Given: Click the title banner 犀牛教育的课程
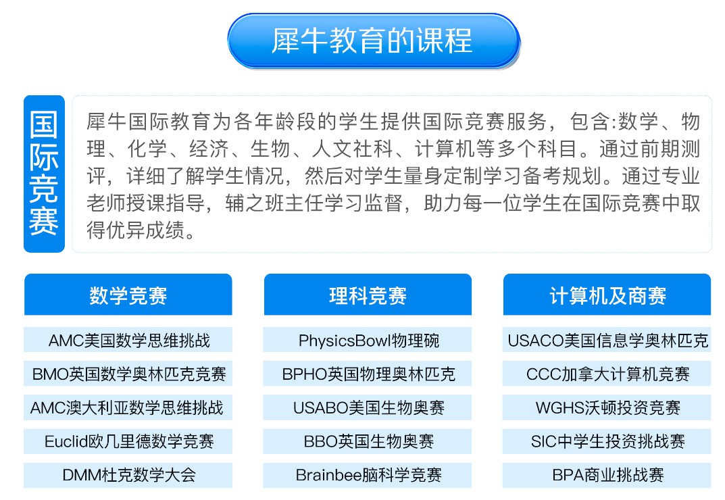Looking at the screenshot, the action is tap(374, 41).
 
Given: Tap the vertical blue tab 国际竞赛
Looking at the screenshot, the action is tap(44, 174).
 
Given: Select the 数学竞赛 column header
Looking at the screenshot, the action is tap(128, 295).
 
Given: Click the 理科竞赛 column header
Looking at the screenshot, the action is tap(368, 295).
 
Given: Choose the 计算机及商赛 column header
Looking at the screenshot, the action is tap(607, 295).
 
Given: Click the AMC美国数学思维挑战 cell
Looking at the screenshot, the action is tap(128, 340).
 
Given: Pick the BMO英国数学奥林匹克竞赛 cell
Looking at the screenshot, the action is tap(128, 374).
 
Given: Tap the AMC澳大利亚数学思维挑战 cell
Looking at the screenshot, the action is tap(128, 407).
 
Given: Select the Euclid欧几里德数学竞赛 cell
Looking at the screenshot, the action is tap(128, 441).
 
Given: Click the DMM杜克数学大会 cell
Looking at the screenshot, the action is tap(128, 475).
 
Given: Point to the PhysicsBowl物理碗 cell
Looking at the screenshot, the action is tap(368, 340).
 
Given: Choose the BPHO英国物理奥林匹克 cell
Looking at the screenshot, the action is tap(368, 374).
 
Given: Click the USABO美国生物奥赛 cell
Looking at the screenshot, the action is tap(368, 407).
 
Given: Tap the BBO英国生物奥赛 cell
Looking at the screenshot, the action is tap(368, 441).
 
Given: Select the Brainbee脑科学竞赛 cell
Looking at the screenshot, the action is tap(368, 475).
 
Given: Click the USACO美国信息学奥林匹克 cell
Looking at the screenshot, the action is tap(607, 340).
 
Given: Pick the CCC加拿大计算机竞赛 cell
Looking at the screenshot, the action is tap(607, 374).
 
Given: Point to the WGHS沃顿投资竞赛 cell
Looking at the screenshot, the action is tap(607, 407).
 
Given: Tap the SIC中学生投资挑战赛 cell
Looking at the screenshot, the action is tap(607, 441).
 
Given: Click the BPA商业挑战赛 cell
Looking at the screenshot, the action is tap(607, 475).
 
